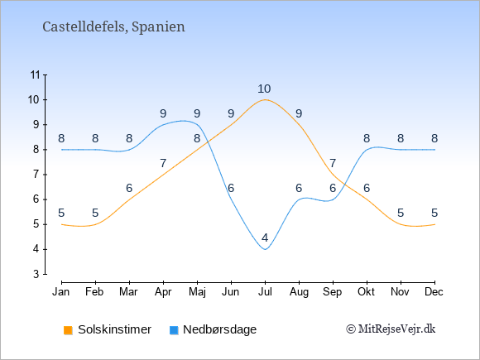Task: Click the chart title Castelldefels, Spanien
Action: pos(113,27)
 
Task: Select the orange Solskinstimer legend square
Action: pos(68,330)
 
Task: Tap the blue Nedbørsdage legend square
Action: pos(174,330)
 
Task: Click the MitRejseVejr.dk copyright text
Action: pos(391,329)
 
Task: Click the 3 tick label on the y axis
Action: pos(36,274)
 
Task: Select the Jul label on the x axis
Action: pos(265,292)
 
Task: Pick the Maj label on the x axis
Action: pos(197,292)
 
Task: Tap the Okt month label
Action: pos(366,292)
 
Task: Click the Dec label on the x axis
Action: pos(434,292)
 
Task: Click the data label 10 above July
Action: pos(264,89)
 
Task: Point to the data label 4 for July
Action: pos(265,238)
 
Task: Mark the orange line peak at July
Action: pos(265,99)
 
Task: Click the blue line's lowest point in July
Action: pos(265,249)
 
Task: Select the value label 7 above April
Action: pos(163,164)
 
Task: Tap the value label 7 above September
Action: pos(333,164)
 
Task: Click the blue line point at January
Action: pos(62,150)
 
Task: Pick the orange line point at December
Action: pos(434,224)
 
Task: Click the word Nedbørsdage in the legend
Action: pos(220,329)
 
